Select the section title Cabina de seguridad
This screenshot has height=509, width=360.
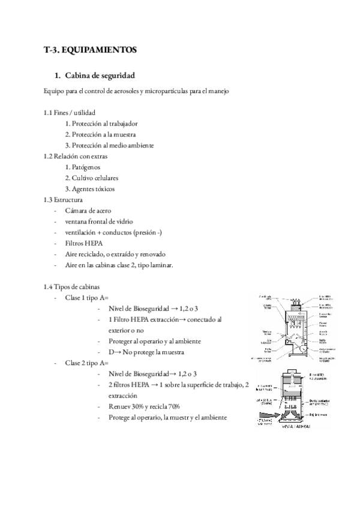[99, 76]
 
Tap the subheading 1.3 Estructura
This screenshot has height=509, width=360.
[63, 200]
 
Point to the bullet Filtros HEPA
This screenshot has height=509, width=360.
[84, 243]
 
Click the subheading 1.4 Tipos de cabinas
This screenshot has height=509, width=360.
[71, 286]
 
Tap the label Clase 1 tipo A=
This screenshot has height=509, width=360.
[86, 298]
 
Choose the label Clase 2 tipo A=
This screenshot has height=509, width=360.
[86, 363]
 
